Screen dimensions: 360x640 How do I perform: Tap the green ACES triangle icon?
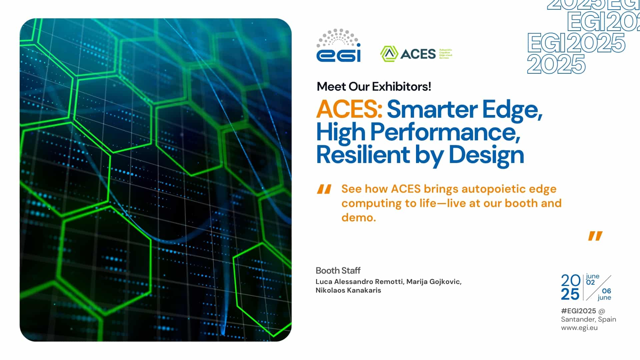(x=389, y=54)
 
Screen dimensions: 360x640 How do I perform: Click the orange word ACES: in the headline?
(x=349, y=109)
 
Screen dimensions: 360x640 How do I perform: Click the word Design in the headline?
(x=486, y=155)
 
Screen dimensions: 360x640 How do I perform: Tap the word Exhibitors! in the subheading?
(x=401, y=87)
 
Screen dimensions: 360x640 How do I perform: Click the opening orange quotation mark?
(x=324, y=189)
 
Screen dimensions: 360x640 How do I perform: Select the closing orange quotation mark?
(x=595, y=236)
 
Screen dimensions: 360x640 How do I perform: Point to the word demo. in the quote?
(x=359, y=218)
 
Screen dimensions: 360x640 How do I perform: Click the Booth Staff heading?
(x=338, y=270)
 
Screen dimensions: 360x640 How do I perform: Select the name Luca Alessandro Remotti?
(x=359, y=282)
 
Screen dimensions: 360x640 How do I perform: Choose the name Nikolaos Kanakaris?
(x=348, y=290)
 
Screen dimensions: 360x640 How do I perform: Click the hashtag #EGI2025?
(x=578, y=311)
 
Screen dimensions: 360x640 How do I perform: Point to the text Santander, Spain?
(x=588, y=319)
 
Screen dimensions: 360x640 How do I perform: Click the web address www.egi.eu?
(x=579, y=328)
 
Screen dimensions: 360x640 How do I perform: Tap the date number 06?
(x=607, y=291)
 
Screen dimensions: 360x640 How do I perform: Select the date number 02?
(x=590, y=282)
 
